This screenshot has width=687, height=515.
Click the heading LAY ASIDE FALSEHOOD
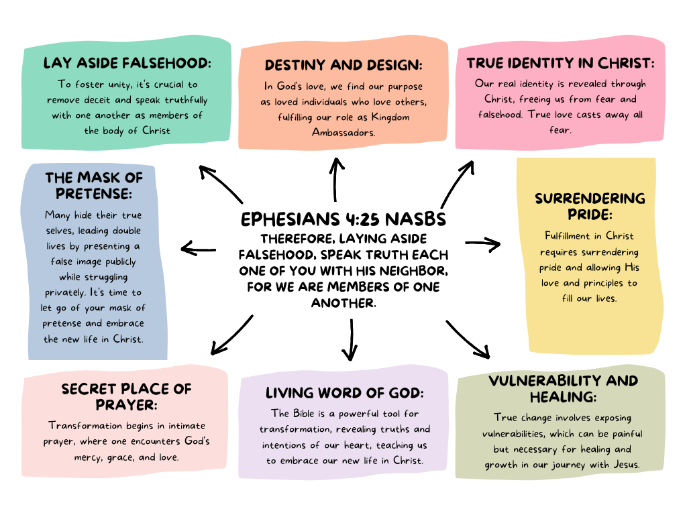point(127,64)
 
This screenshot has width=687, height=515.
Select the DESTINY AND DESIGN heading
point(343,65)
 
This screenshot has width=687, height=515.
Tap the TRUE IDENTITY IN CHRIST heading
point(560,64)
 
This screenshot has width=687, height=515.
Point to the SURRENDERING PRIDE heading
point(590,205)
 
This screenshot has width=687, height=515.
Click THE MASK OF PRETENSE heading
point(94,185)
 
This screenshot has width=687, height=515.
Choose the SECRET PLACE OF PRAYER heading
point(126,396)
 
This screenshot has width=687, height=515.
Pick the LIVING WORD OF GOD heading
point(345,393)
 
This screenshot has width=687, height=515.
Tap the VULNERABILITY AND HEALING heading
point(563,388)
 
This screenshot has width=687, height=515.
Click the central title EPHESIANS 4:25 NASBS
point(343,220)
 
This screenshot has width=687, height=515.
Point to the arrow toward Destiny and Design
point(336,178)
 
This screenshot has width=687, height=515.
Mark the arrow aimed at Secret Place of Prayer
point(231,335)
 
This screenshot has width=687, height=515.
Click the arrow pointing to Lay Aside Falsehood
point(221,184)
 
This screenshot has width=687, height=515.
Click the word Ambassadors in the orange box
point(343,132)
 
